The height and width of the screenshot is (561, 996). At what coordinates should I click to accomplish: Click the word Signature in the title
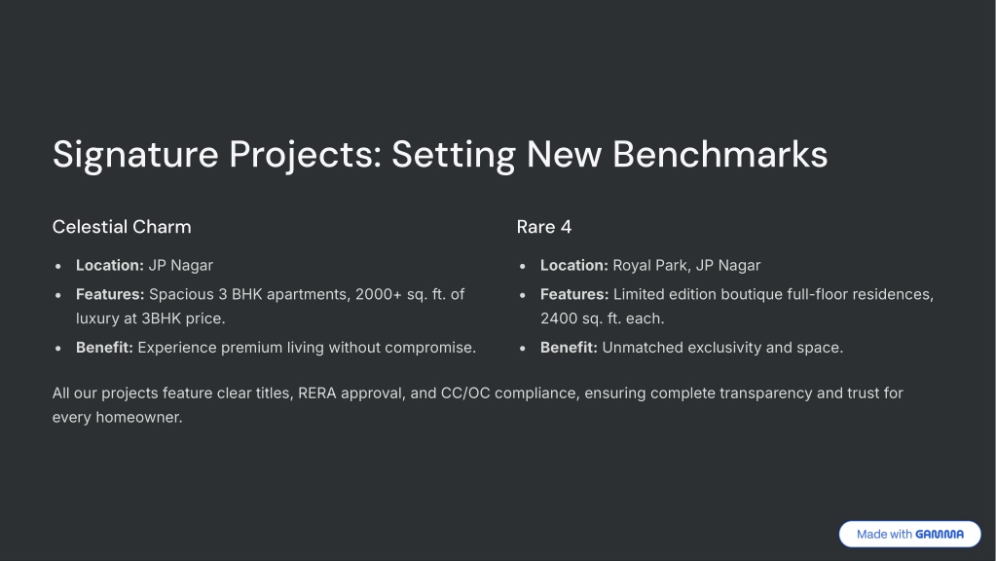(x=135, y=155)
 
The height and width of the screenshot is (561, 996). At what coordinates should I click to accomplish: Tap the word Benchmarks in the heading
(x=719, y=154)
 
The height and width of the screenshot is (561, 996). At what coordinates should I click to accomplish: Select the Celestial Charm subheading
(x=122, y=227)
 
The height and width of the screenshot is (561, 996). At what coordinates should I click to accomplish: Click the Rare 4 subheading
(x=543, y=227)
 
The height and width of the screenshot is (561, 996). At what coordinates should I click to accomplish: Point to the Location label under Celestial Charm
(x=110, y=266)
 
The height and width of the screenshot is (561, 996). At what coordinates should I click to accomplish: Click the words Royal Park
(x=651, y=266)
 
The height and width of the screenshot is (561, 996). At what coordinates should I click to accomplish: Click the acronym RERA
(x=317, y=393)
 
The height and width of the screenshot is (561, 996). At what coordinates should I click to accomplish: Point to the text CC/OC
(x=465, y=393)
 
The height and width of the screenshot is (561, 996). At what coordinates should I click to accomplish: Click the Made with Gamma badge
(x=909, y=535)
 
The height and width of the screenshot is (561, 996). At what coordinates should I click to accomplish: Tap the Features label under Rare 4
(x=574, y=295)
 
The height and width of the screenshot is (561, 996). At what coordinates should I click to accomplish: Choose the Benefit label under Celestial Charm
(x=104, y=348)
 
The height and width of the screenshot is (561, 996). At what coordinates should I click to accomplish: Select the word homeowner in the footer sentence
(x=139, y=418)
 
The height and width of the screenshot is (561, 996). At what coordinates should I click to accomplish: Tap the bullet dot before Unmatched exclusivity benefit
(x=523, y=348)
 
